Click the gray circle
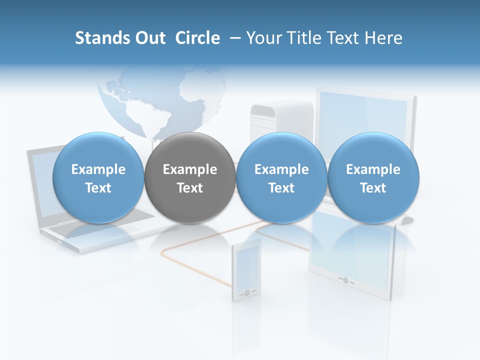190,178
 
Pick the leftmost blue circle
98,178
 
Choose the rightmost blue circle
373,178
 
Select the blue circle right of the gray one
281,178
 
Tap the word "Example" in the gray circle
190,169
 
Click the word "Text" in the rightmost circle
373,188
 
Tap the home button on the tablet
345,280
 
